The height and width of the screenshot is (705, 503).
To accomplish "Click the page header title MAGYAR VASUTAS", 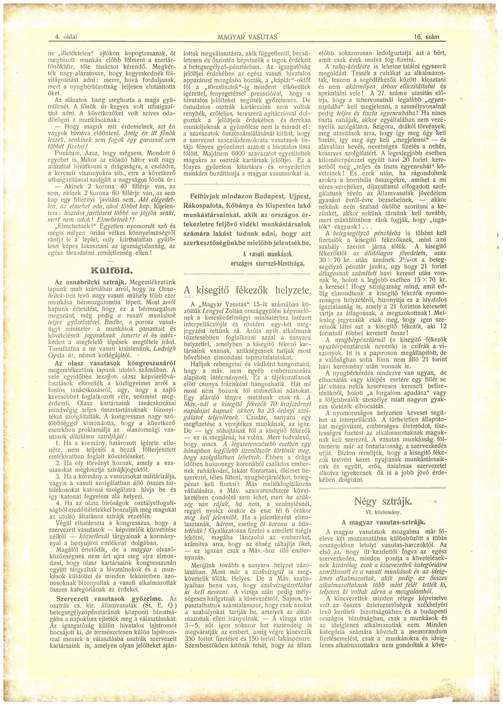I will tap(247, 37).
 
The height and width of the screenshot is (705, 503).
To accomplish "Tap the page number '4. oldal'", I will tap(66, 37).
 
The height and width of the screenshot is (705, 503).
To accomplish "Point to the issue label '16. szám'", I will tap(427, 37).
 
